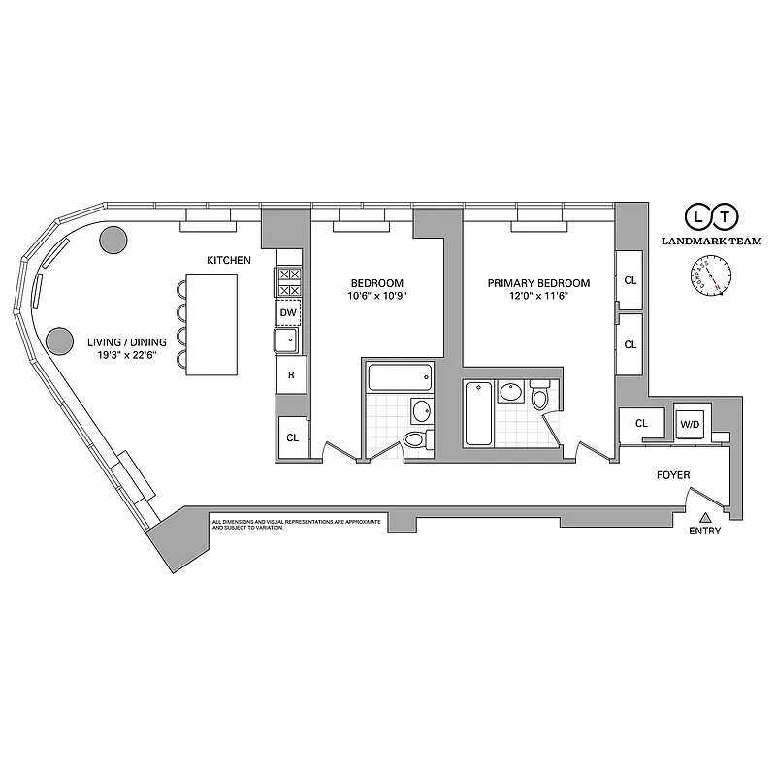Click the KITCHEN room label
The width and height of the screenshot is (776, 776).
pos(229,261)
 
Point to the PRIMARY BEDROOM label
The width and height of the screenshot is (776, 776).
pos(538,283)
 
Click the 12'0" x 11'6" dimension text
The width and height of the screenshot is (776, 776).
pos(538,298)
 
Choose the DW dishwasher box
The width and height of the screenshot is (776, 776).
pos(288,313)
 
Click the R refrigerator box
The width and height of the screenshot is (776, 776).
pos(289,374)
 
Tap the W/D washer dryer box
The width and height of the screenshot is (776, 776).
pos(691,424)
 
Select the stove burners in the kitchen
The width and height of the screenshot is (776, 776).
pos(289,282)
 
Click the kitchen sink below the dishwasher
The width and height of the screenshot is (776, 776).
pos(288,340)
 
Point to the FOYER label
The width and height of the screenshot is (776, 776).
pos(672,475)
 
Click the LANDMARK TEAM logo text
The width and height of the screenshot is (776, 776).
pos(711,241)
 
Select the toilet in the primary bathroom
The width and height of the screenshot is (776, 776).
pos(540,398)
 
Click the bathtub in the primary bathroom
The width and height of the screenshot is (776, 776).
pos(478,413)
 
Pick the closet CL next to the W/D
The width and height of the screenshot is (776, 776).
pos(641,424)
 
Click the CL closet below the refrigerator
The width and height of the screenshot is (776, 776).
pos(292,437)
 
